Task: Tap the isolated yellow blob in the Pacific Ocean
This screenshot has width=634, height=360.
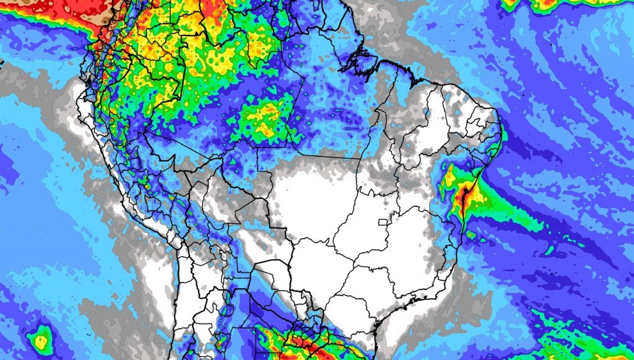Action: (41, 338)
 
